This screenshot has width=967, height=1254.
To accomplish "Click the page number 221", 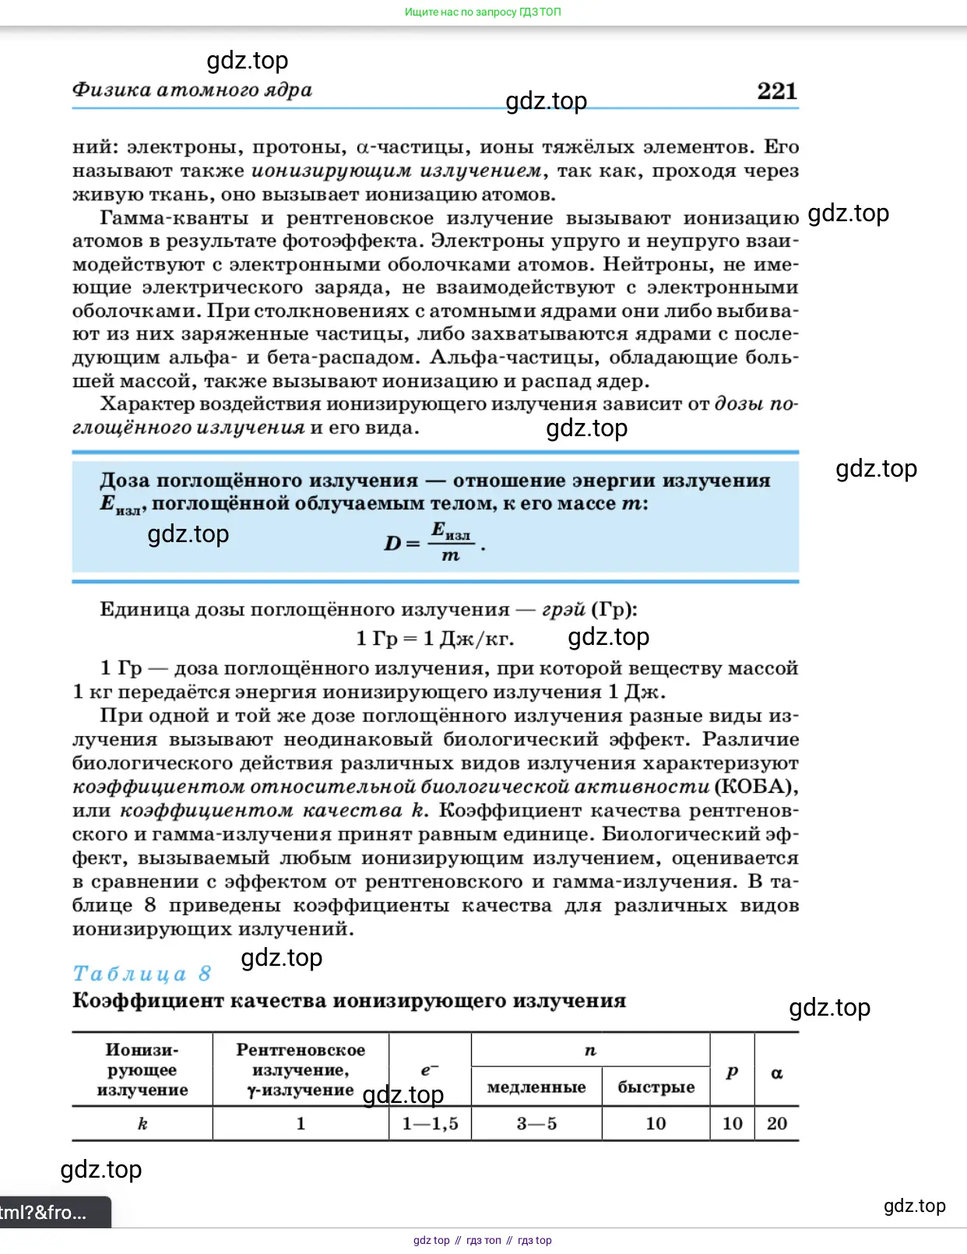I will (x=776, y=91).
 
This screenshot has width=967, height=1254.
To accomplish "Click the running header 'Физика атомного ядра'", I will (x=192, y=90).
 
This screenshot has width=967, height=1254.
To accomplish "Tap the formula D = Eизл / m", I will (x=434, y=542).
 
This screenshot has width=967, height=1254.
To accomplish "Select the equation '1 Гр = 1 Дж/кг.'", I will (x=434, y=639).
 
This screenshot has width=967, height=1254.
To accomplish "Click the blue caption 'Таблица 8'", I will (x=142, y=974).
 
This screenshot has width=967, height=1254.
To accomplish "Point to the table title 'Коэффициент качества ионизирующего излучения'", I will (x=349, y=1001).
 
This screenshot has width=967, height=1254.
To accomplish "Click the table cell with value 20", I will (x=776, y=1123).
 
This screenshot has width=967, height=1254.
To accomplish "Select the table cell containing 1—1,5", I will (x=430, y=1123).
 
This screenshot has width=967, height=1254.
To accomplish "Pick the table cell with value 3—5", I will (x=536, y=1123).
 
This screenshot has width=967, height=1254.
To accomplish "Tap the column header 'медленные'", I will (x=536, y=1087).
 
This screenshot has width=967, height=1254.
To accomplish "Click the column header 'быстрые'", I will (x=656, y=1087).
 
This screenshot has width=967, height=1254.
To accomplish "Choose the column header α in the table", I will (x=776, y=1073).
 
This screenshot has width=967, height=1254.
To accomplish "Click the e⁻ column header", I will (x=430, y=1070).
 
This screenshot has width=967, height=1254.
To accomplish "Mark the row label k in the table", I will (x=142, y=1123).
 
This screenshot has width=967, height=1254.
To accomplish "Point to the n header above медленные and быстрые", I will (x=590, y=1051).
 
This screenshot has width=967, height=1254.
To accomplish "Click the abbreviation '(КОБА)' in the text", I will (x=756, y=787).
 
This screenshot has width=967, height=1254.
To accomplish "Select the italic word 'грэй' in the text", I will (x=563, y=609).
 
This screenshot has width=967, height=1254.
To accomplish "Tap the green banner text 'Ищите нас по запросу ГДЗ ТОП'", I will (x=483, y=12).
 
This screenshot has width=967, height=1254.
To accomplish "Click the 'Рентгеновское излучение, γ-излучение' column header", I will (x=301, y=1069).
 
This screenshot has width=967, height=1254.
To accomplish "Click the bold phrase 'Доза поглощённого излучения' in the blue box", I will (x=258, y=481).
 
